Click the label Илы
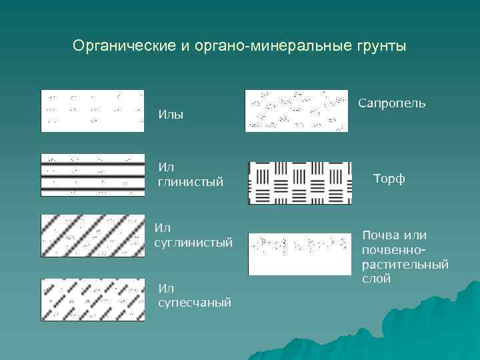coord(171,115)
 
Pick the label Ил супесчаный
coord(194,295)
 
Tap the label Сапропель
coord(391,103)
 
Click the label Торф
coord(389,179)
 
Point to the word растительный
coord(405,265)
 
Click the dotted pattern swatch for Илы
coord(93,111)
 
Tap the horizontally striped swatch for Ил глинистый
coord(93,175)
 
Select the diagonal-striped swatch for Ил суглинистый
coord(93,235)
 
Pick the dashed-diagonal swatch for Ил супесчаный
coord(93,299)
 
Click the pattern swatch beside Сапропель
coord(297,111)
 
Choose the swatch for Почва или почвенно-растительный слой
coord(299,254)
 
